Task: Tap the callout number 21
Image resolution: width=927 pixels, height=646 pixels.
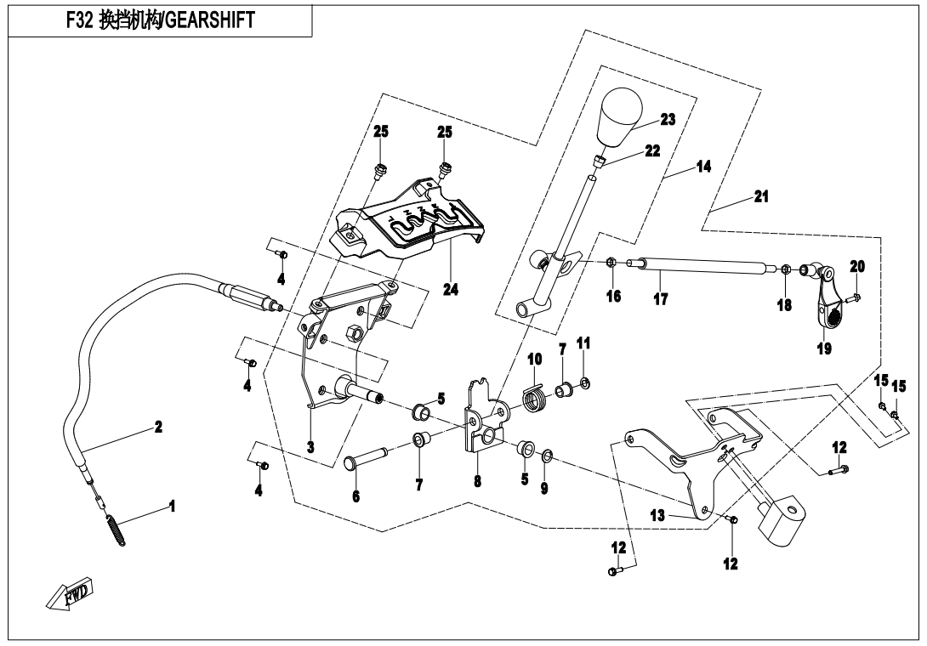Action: click(x=761, y=196)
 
